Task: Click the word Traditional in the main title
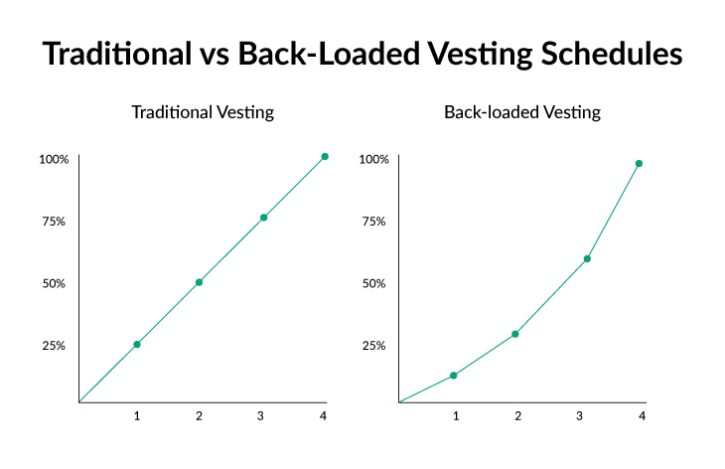point(117,55)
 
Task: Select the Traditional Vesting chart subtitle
point(203,112)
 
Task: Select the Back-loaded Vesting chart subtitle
point(522,112)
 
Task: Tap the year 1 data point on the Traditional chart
point(137,345)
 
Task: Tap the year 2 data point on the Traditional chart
point(199,282)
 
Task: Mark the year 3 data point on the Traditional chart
point(263,218)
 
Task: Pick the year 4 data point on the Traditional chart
point(325,156)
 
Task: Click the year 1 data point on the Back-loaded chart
point(454,376)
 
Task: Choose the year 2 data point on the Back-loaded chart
point(515,334)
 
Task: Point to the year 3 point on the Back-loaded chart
point(587,258)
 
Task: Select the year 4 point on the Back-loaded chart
point(639,163)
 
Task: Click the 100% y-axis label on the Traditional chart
point(54,159)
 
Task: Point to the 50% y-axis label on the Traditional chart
point(54,283)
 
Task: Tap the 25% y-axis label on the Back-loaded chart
point(372,346)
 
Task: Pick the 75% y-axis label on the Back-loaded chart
point(372,222)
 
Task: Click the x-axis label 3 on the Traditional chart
point(261,415)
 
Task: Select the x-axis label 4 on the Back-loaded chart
point(642,415)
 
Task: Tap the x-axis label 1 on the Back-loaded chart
point(456,415)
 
